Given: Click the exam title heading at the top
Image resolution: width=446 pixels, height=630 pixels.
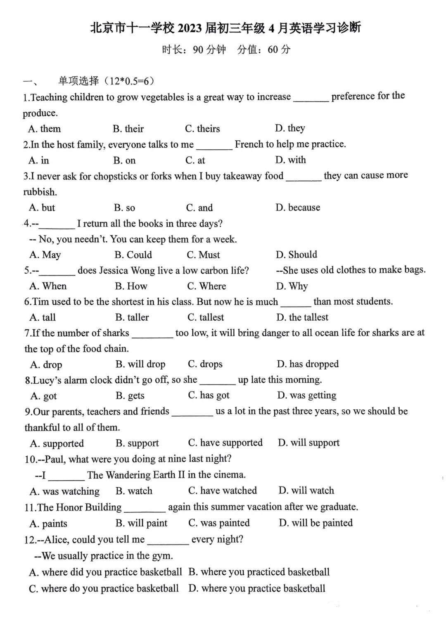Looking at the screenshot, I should click(225, 28).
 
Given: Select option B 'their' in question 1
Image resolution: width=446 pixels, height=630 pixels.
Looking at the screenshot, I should click(128, 129).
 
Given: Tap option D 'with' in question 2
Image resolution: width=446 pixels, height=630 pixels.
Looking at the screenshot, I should click(291, 160).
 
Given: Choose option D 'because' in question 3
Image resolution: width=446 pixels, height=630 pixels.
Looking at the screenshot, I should click(298, 208).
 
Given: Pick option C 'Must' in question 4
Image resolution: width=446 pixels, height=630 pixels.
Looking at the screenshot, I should click(203, 255).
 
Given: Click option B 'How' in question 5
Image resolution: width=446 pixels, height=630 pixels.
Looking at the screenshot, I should click(131, 286).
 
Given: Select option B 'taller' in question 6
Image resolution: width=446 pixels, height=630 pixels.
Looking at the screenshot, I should click(132, 317).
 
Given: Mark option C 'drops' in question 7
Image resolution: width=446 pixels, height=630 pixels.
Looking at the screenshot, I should click(205, 364).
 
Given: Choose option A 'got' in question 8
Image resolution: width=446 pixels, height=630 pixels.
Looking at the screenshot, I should click(44, 396).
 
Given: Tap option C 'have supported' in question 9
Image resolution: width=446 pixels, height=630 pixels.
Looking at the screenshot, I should click(225, 443).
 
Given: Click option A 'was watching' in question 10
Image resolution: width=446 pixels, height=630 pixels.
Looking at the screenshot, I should click(65, 491).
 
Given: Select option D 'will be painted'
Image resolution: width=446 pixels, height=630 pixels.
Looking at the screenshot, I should click(316, 523).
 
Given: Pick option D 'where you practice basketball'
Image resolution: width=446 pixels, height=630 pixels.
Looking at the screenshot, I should click(257, 588).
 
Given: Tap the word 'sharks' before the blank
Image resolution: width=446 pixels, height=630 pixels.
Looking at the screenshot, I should click(116, 333).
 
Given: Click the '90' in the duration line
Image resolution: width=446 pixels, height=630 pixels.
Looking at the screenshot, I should click(198, 50).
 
